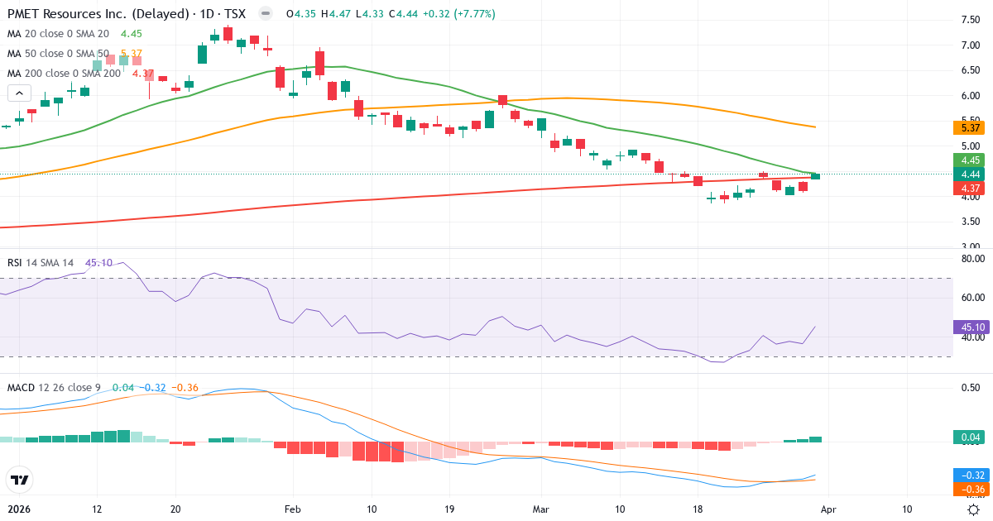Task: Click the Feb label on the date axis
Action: coord(292,509)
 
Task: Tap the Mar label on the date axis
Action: coord(540,509)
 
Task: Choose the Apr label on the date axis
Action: coord(830,509)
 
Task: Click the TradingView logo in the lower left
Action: coord(19,480)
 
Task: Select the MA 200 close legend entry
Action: coord(58,74)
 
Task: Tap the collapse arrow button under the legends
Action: coord(19,93)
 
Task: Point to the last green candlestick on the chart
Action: coord(815,176)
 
